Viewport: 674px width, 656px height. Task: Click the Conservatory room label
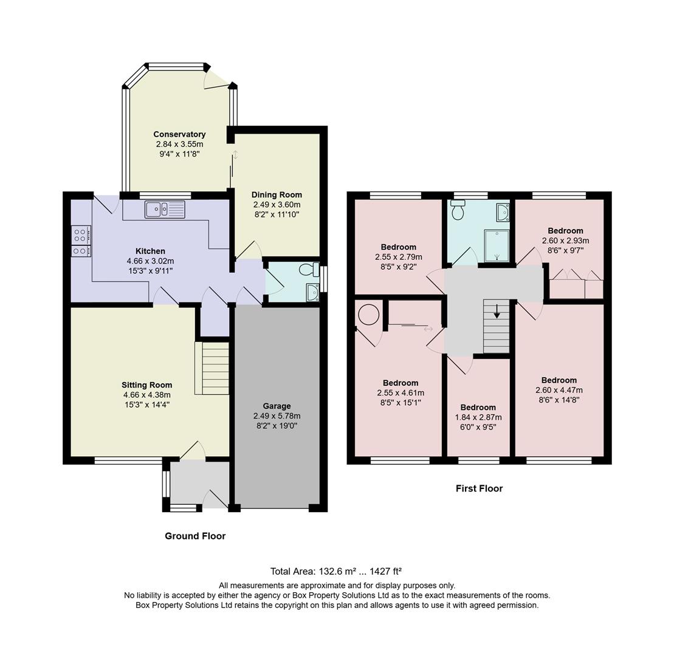(179, 134)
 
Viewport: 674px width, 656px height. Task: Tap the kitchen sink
(165, 210)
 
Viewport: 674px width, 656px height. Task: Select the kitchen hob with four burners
(81, 241)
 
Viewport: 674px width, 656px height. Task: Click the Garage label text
(277, 406)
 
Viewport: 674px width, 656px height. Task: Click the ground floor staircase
(212, 368)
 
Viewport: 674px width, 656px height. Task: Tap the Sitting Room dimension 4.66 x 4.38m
(146, 395)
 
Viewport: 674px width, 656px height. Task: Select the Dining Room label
(277, 195)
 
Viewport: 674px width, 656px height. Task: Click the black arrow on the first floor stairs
(497, 311)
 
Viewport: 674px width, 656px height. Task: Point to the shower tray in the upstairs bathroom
(497, 245)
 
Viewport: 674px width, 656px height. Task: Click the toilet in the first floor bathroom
(458, 210)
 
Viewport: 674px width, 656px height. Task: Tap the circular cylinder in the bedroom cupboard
(368, 315)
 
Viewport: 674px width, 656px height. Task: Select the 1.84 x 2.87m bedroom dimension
(478, 417)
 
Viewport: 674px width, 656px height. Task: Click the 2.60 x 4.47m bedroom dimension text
(559, 390)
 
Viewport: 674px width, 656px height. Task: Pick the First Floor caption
(479, 488)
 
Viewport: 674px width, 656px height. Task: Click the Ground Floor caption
(195, 536)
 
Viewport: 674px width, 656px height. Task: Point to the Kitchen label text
(150, 251)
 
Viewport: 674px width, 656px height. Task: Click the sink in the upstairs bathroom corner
(502, 212)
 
